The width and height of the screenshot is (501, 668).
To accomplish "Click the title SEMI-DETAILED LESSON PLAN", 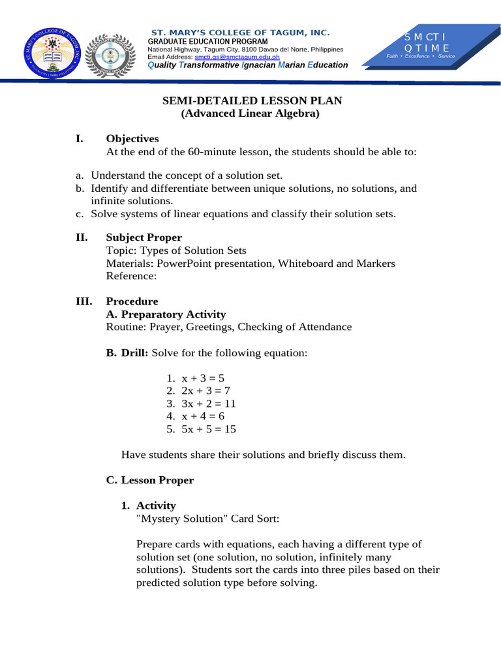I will (251, 100).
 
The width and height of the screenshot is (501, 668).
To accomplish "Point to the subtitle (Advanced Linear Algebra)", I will (251, 114).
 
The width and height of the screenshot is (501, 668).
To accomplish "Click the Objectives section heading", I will (132, 138).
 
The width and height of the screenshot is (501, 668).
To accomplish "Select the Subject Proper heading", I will (144, 237).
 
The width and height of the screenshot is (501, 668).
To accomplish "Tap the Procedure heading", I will (132, 301).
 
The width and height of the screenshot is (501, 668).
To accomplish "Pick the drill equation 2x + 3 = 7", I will (202, 391).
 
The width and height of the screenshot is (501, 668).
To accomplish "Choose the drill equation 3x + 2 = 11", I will (204, 404).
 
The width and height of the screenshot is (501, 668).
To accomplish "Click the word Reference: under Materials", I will (131, 276).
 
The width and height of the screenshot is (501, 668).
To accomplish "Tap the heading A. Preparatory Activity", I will (166, 314).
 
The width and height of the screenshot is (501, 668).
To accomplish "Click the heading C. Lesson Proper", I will (150, 480).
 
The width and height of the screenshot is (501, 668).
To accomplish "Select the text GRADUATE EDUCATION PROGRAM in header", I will (207, 41).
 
